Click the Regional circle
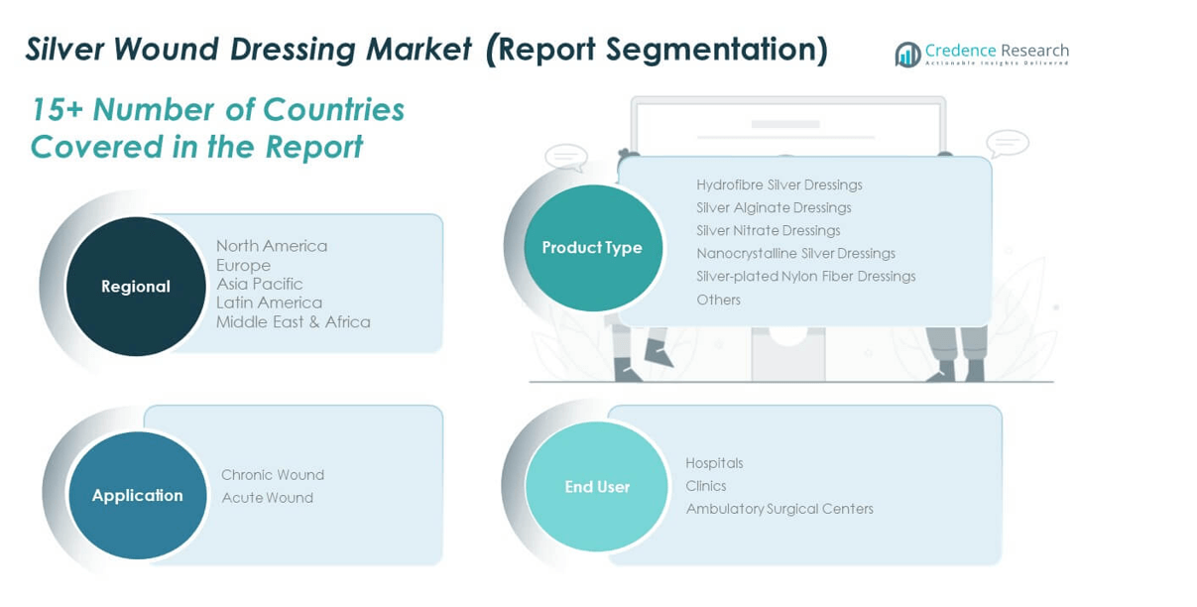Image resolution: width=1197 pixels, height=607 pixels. [136, 287]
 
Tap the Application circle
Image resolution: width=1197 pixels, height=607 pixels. [137, 495]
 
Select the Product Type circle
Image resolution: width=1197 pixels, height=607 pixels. [593, 248]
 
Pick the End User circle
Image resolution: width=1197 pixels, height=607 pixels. [596, 486]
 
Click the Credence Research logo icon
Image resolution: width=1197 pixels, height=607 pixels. [907, 55]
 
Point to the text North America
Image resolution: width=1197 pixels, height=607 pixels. [272, 246]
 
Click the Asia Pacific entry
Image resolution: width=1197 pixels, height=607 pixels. [259, 284]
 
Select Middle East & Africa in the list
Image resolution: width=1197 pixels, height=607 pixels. [293, 321]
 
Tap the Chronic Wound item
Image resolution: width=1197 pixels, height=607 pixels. [273, 474]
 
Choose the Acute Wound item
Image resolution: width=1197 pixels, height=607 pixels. [267, 498]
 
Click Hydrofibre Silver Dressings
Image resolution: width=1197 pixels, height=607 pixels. [779, 184]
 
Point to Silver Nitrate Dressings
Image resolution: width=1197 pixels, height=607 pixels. [768, 230]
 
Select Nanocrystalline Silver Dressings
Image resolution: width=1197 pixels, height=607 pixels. [795, 253]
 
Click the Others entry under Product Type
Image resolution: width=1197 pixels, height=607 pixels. [718, 300]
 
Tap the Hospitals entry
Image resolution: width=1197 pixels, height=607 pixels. [714, 463]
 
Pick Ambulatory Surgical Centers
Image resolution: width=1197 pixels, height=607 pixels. [779, 509]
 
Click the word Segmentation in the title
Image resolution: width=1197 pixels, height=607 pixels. [717, 50]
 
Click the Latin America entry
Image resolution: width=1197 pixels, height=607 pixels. [269, 303]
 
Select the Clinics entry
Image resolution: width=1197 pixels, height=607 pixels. [706, 486]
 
